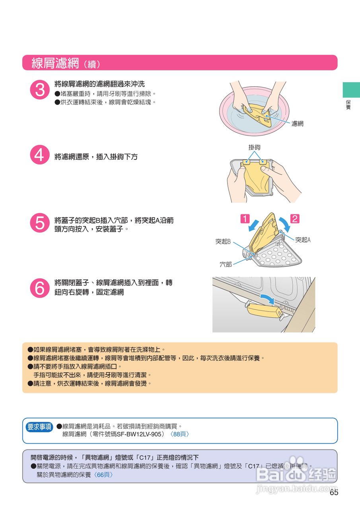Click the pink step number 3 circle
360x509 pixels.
(40, 89)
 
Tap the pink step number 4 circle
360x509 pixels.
(40, 155)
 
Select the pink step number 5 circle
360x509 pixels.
(40, 223)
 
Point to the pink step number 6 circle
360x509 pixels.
(40, 288)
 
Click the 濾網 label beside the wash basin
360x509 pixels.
(297, 124)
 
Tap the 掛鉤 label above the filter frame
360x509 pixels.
(254, 148)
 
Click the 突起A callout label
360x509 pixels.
(303, 240)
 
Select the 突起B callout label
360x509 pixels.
(223, 241)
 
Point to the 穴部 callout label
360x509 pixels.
(226, 264)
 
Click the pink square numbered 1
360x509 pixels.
(245, 219)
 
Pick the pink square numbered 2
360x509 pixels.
(295, 219)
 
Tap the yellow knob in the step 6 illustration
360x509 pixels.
(264, 310)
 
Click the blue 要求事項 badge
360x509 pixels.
(39, 427)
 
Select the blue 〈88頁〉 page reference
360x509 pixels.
(179, 434)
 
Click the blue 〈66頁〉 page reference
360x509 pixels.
(103, 475)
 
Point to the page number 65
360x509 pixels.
(334, 492)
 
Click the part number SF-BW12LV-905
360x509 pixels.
(139, 434)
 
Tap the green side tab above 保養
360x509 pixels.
(351, 90)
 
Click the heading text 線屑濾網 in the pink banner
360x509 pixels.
(55, 63)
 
